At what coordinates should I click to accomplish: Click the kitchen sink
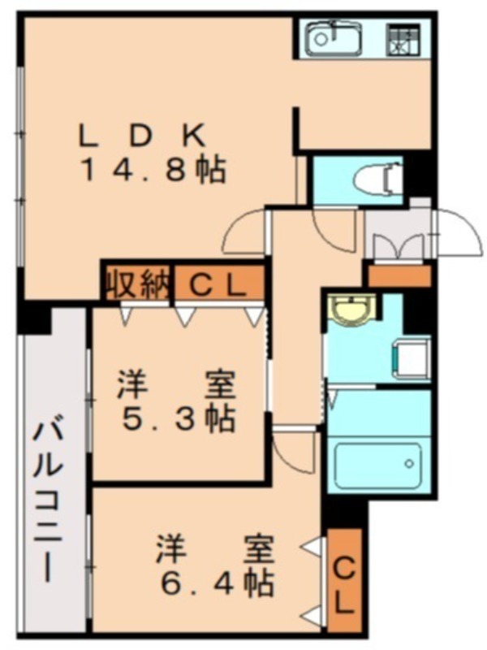(x=334, y=38)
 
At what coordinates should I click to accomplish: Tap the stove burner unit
(x=403, y=40)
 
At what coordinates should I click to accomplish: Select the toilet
(x=377, y=180)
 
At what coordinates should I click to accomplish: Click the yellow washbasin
(x=352, y=308)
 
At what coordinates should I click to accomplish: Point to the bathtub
(x=377, y=465)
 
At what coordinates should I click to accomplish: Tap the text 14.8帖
(x=153, y=171)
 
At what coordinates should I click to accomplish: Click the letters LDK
(x=143, y=136)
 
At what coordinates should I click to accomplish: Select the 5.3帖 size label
(x=179, y=420)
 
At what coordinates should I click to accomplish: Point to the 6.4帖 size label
(x=217, y=583)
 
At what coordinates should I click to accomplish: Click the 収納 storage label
(x=138, y=284)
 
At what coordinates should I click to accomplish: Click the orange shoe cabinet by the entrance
(x=400, y=275)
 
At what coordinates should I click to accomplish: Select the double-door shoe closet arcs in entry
(x=399, y=247)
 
